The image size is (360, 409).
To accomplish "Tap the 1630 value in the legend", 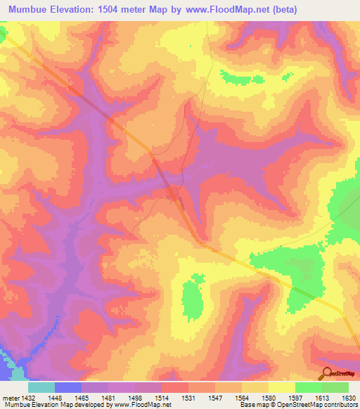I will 347,396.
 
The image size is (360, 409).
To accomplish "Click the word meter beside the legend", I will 10,396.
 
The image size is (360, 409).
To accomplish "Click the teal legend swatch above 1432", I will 41,387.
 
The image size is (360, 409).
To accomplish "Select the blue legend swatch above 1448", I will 68,387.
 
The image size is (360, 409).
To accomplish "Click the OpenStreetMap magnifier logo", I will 326,374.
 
